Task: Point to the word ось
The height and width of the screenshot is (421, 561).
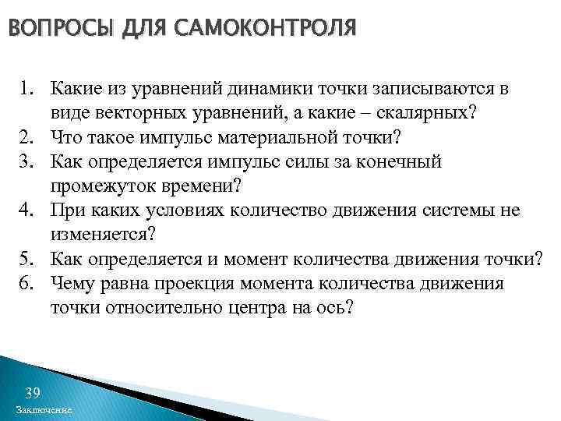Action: [337, 308]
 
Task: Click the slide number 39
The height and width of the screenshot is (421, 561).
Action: [33, 391]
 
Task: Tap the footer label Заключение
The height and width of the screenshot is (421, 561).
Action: [44, 411]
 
